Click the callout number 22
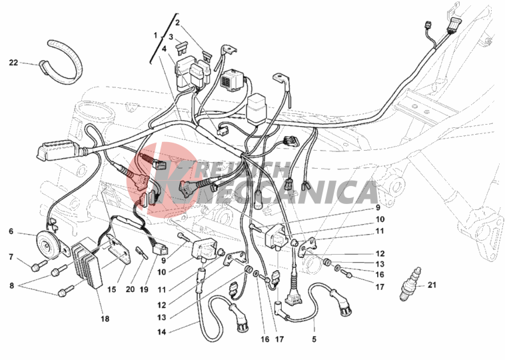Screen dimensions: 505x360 (x=13, y=63)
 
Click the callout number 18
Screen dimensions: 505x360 (x=105, y=319)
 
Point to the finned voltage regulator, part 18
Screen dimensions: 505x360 (x=87, y=265)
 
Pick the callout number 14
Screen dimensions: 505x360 (x=162, y=331)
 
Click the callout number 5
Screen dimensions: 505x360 (x=314, y=339)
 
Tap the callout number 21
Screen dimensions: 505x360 (x=432, y=285)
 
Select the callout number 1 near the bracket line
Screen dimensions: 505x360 (x=155, y=35)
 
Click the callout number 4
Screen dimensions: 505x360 (x=165, y=49)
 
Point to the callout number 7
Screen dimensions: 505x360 (x=11, y=257)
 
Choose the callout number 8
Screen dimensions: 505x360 (x=12, y=285)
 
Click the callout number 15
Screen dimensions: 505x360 (x=111, y=289)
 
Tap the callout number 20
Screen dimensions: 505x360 (x=130, y=289)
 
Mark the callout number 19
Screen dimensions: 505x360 (x=144, y=289)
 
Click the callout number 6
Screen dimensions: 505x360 (x=11, y=231)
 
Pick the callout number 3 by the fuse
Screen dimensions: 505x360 (x=171, y=37)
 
